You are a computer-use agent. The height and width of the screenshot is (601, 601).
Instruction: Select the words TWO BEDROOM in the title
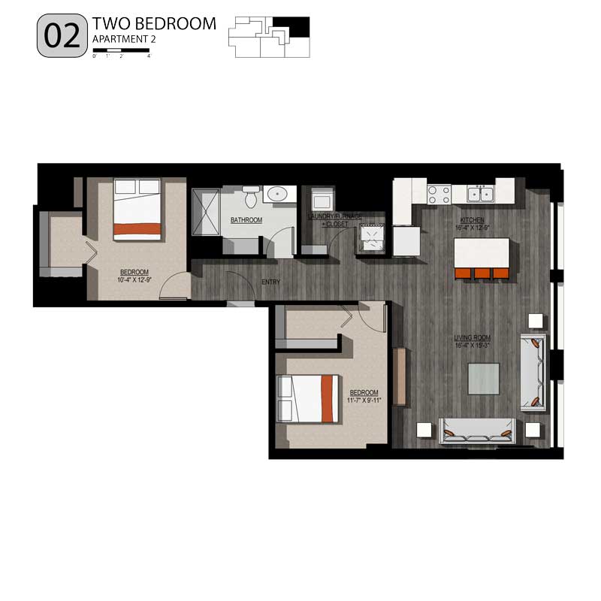coord(153,24)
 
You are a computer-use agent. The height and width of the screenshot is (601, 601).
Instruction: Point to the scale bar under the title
coord(122,50)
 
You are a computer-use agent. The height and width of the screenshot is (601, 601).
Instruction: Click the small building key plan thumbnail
coord(270,36)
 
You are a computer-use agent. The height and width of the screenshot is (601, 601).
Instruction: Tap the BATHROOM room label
coord(246,220)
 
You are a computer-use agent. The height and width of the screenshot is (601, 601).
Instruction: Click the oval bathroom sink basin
coord(278,194)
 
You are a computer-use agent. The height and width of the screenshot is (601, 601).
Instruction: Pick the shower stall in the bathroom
coord(205,211)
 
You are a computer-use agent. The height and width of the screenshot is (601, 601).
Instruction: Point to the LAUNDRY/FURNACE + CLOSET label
coord(335,220)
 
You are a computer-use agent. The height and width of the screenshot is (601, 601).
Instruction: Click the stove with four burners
coord(439,195)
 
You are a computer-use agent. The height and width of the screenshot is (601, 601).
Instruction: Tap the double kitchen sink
coord(480,195)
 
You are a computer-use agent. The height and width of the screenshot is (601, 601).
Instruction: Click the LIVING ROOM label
coord(472,342)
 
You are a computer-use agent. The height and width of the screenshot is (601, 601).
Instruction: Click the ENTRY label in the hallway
coord(271,282)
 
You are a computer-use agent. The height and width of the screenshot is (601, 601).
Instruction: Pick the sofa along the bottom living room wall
coord(477,430)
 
